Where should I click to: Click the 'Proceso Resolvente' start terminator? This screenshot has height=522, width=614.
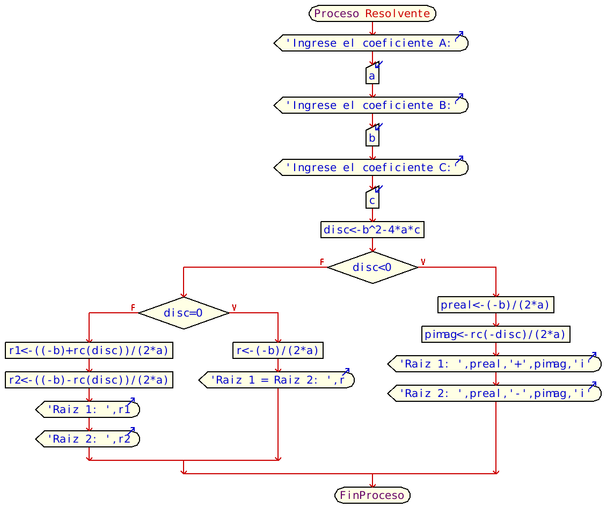click(372, 13)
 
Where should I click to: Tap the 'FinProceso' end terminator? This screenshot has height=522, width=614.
click(372, 495)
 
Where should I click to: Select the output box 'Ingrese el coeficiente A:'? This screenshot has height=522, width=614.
click(371, 43)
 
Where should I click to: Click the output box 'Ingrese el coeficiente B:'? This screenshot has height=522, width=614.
click(371, 105)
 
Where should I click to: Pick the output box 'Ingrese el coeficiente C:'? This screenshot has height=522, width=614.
click(371, 167)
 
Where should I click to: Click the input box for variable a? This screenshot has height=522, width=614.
click(372, 76)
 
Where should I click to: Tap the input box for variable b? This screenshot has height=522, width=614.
click(372, 138)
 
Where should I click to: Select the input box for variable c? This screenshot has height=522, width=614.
click(372, 200)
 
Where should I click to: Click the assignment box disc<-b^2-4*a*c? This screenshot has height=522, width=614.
click(372, 230)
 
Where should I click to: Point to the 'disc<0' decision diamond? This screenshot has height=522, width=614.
click(372, 267)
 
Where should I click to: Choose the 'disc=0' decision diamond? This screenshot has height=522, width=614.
click(184, 313)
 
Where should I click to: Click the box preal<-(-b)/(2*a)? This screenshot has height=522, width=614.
click(495, 305)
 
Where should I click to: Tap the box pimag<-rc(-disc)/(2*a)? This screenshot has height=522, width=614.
click(495, 334)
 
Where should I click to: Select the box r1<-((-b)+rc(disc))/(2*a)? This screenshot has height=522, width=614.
click(89, 350)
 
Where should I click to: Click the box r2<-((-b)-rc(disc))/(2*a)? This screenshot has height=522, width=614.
click(89, 380)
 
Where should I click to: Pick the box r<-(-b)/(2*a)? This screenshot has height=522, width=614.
click(278, 350)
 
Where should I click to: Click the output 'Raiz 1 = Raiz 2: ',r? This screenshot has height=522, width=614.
click(277, 380)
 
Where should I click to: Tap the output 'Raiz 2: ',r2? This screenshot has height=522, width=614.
click(88, 439)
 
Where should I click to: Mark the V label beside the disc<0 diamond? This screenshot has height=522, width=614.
click(423, 262)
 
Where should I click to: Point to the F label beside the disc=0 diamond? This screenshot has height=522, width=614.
click(133, 307)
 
